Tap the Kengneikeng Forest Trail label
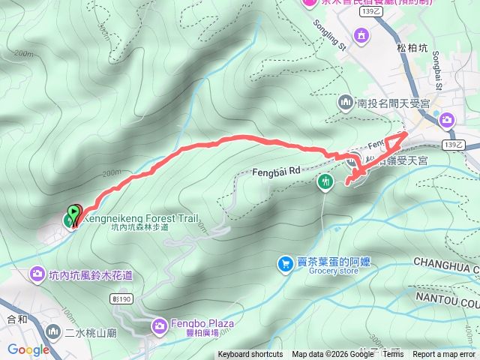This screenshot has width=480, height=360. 140,218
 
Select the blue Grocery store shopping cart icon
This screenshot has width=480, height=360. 285,264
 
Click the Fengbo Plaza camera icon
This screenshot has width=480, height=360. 160,325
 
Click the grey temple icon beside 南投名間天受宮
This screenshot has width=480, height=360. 346,101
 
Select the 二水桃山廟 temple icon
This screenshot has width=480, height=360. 53,331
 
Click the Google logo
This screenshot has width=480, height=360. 28,349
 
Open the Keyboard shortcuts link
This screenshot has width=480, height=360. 250,355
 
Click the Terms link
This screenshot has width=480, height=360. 393,355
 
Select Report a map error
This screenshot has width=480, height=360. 445,355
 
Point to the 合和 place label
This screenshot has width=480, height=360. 16,319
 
